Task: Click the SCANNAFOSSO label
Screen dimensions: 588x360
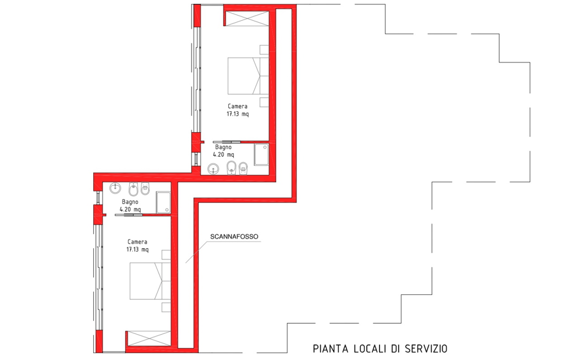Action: (x=234, y=237)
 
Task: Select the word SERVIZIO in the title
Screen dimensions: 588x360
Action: (x=426, y=349)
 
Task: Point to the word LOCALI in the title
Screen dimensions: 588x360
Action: (x=370, y=349)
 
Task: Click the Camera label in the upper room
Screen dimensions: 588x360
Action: (x=237, y=106)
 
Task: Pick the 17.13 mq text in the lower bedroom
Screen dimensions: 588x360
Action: (x=138, y=249)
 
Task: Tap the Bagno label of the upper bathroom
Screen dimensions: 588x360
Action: (x=223, y=147)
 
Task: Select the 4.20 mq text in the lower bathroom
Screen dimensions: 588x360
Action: (x=130, y=209)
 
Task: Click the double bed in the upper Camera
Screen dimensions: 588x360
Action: (x=248, y=76)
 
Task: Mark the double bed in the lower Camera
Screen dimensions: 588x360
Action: (x=150, y=281)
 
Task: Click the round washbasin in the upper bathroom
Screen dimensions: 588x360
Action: (x=213, y=169)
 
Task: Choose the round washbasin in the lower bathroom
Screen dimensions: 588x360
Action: (x=115, y=188)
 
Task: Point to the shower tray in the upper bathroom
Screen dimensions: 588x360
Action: (x=261, y=154)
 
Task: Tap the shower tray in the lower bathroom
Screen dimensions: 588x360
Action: (x=163, y=203)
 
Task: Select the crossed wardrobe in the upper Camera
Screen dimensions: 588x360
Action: (x=247, y=19)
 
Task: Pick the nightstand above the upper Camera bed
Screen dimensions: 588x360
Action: (x=264, y=50)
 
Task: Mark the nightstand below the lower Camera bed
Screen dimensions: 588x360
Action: (x=166, y=307)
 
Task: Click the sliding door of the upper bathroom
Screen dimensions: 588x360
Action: (x=227, y=142)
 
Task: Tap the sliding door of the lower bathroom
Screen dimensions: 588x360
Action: (x=129, y=215)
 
